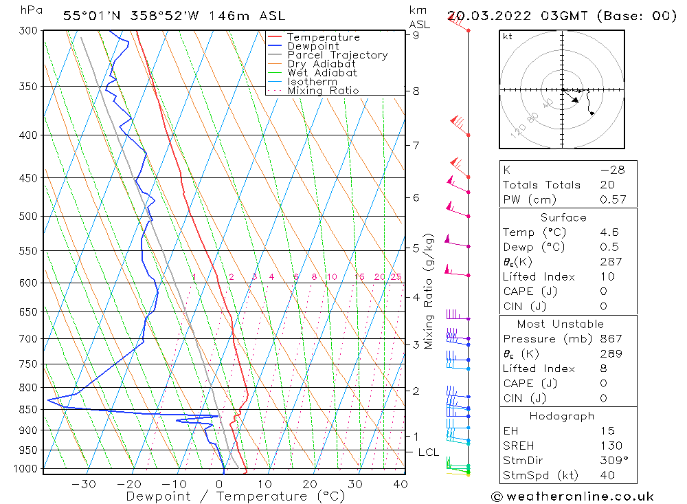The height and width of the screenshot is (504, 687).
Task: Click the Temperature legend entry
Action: (323, 37)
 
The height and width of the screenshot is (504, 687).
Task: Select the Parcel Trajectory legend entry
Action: (337, 55)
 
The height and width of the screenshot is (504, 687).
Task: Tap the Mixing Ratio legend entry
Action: (323, 90)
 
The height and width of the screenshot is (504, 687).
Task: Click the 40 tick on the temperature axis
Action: (400, 484)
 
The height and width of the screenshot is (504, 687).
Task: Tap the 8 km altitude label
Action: (416, 91)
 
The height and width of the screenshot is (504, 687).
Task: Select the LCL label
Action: (428, 452)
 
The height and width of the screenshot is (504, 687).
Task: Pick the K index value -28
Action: (611, 170)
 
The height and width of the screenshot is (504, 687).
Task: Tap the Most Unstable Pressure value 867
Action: (610, 339)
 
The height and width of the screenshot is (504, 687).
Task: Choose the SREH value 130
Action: (610, 446)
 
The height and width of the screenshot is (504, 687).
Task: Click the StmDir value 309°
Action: (613, 461)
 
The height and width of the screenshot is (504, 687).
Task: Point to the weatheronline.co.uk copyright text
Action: (572, 496)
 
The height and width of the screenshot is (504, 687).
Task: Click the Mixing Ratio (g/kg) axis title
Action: (429, 291)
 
